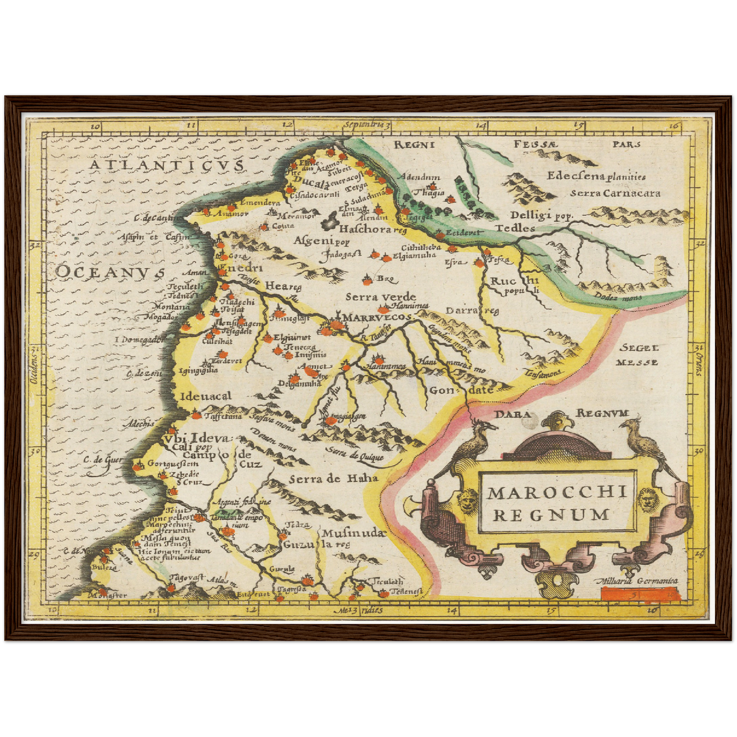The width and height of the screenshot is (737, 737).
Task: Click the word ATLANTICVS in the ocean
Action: coord(166,165)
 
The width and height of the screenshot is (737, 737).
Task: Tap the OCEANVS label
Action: coord(110,271)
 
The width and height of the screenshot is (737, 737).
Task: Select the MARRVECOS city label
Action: coord(376,317)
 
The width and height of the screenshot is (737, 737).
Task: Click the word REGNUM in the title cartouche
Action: coord(551,515)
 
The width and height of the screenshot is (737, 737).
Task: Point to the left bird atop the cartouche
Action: coord(473,445)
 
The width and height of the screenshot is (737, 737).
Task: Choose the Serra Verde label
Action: coord(380,297)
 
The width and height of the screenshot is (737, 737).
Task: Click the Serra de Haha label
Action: coord(334,478)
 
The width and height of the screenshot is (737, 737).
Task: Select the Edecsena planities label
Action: coord(596,176)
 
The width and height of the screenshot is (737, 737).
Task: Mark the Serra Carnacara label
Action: coord(615,193)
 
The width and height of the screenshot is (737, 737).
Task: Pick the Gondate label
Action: coord(462,390)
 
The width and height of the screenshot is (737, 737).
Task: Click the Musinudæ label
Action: coord(351,533)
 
